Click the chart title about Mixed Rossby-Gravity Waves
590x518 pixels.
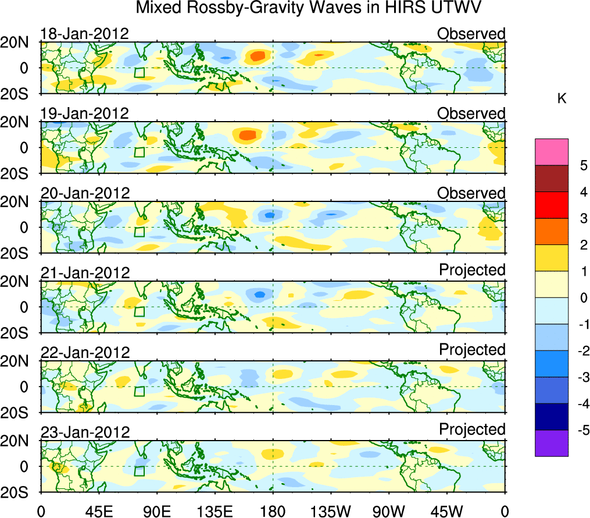[309, 8]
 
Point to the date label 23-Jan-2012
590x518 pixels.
[84, 432]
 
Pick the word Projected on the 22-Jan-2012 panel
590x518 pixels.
[472, 350]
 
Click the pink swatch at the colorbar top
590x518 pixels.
[551, 152]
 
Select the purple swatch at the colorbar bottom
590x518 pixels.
[551, 443]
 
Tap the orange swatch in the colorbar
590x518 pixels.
[551, 232]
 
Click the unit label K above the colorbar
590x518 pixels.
[562, 99]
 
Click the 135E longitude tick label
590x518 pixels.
[214, 511]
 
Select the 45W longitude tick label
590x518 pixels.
[447, 511]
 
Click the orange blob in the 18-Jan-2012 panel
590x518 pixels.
[257, 56]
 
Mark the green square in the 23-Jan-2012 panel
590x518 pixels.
[139, 471]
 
